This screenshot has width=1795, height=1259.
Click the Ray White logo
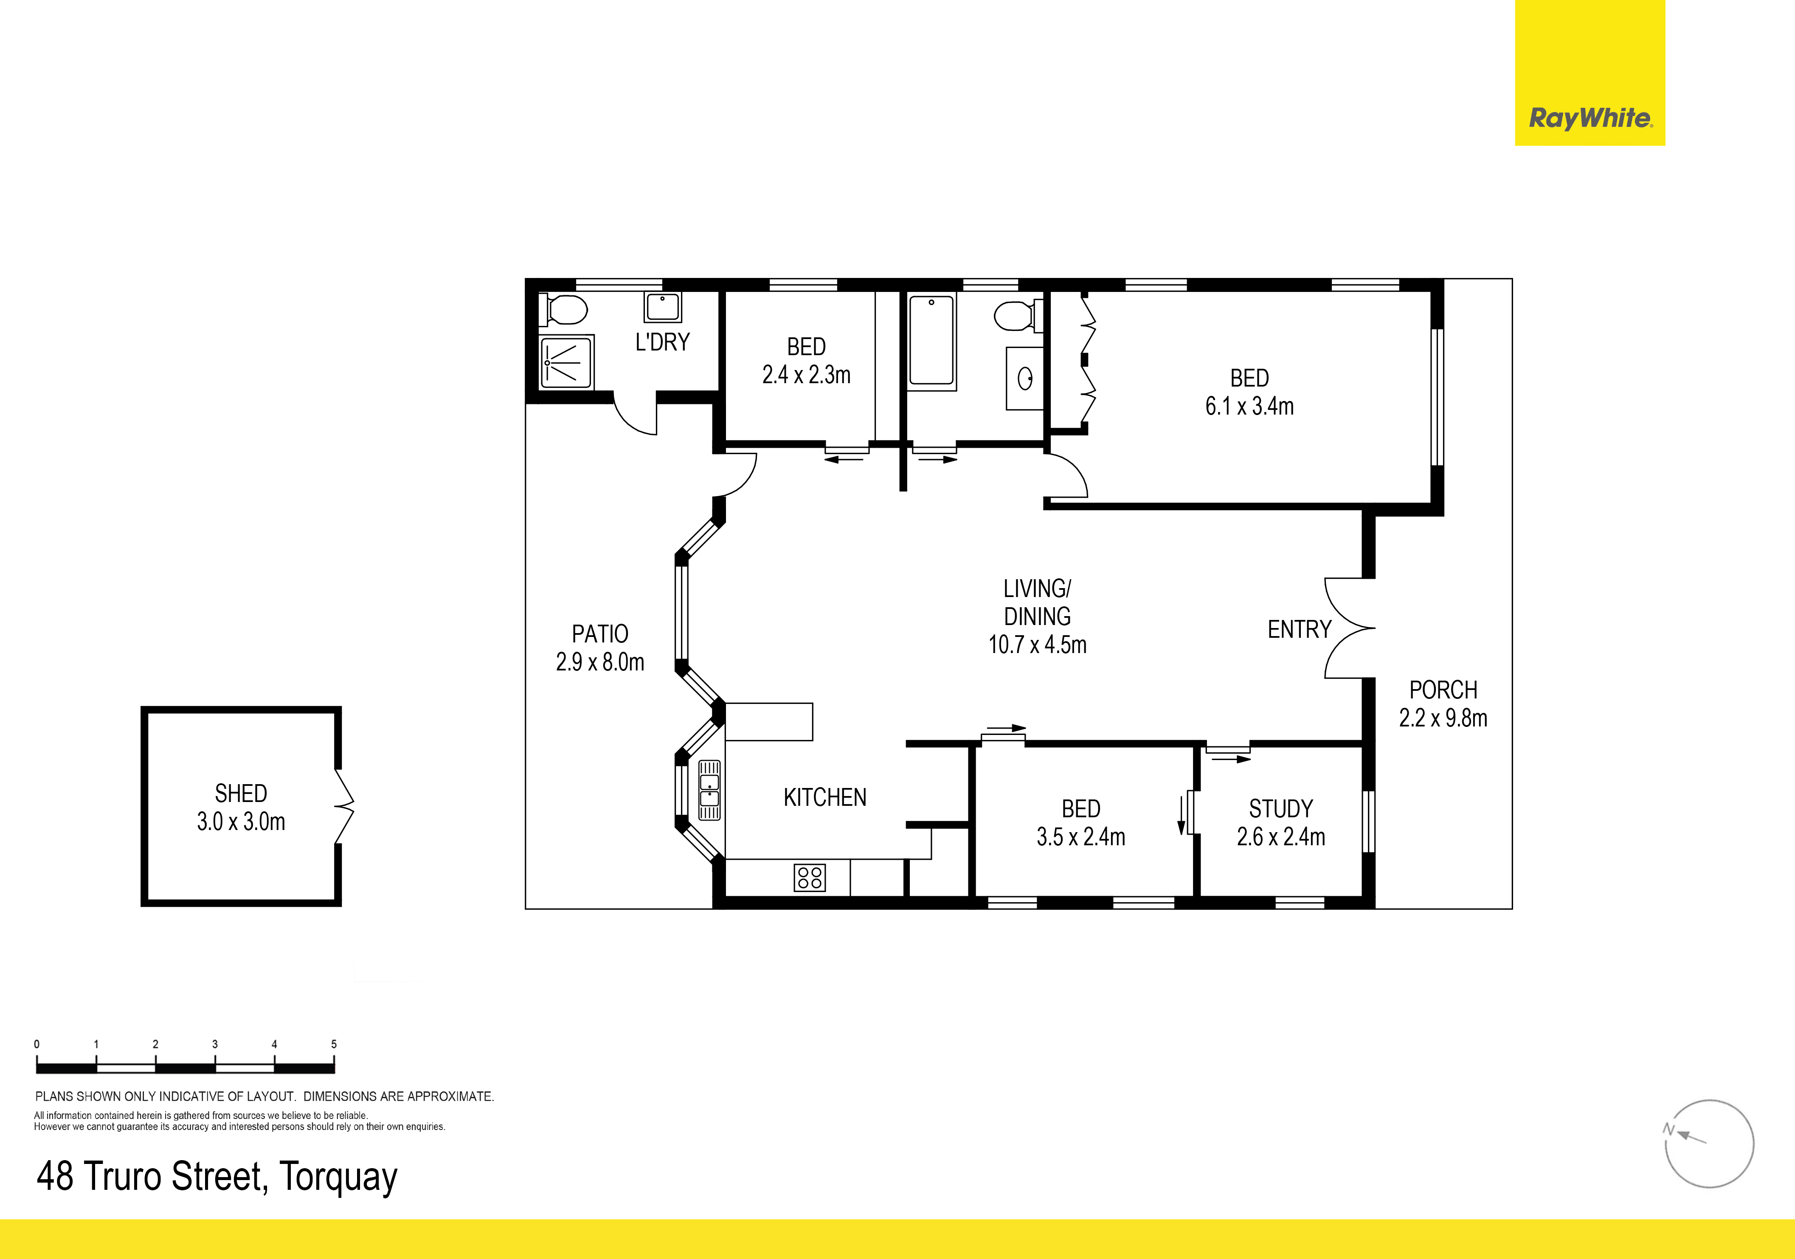[1590, 119]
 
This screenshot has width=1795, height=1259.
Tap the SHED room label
[241, 793]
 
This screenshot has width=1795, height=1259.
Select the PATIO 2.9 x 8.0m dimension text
[599, 662]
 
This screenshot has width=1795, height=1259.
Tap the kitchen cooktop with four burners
[809, 877]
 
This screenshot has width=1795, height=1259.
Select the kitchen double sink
[709, 790]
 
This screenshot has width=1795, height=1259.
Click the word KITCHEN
[825, 797]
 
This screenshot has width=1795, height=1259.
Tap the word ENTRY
[1300, 629]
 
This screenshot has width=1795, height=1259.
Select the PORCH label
[1443, 690]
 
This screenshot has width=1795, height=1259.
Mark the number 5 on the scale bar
[334, 1044]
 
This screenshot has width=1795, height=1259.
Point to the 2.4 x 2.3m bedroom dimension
[806, 375]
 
